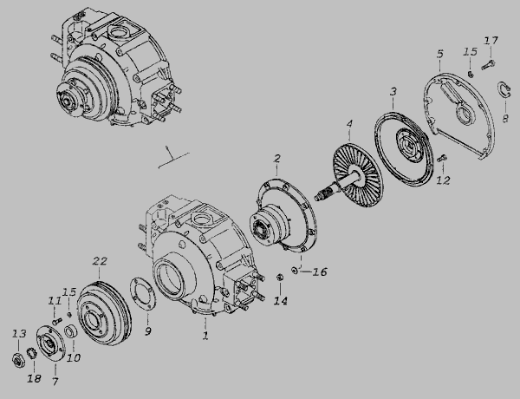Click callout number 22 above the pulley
[x=100, y=262]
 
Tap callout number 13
[x=19, y=333]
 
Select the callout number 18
[x=34, y=378]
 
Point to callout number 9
[x=148, y=331]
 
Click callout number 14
[x=281, y=301]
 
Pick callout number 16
[x=320, y=271]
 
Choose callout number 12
[x=444, y=180]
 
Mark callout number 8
[x=505, y=118]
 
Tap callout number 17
[x=491, y=41]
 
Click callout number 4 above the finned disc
[x=349, y=124]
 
